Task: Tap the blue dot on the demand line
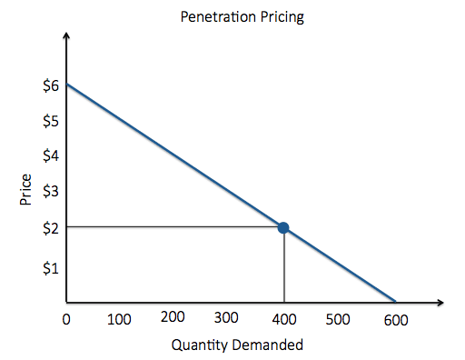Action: coord(284,227)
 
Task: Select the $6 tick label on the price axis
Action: coord(51,85)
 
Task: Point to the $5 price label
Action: coord(51,121)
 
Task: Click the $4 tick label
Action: coord(51,155)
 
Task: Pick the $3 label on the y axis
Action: coord(51,191)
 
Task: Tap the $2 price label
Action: coord(51,227)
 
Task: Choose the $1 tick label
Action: coord(51,268)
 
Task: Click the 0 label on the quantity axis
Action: coord(65,320)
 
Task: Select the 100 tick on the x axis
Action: coord(119,320)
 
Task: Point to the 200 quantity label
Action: coord(173,317)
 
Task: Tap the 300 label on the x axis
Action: coord(227,318)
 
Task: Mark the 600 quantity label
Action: coord(396,320)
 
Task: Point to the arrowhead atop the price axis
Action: coord(65,37)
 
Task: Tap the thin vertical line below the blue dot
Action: coord(284,268)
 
